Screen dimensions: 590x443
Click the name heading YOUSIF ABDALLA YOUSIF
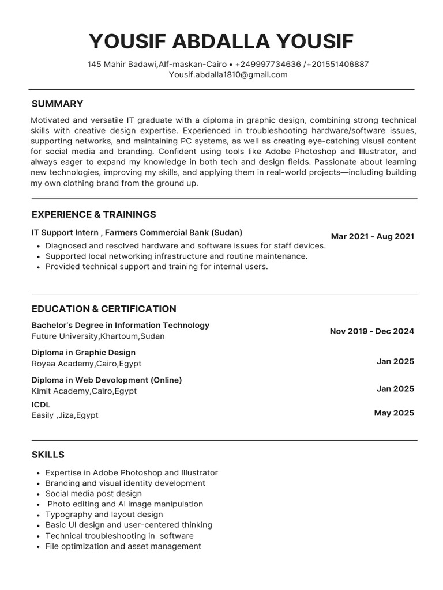coord(221,41)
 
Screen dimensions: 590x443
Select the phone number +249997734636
coord(268,64)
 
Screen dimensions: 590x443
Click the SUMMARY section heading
coord(57,104)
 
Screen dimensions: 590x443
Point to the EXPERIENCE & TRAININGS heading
coord(93,214)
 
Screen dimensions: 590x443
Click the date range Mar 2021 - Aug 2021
coord(372,236)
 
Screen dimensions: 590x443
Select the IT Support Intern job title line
coord(137,233)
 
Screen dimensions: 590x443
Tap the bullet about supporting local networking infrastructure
coord(176,256)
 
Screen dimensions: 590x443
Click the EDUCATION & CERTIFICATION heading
coord(104,309)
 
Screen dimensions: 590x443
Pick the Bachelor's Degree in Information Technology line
coord(120,325)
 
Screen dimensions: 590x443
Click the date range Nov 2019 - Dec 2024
coord(371,331)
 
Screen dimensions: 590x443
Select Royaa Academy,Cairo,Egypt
coord(86,364)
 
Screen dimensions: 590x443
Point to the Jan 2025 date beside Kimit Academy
coord(395,389)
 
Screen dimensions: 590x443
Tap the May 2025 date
coord(394,413)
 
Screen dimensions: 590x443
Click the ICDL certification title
coord(41,404)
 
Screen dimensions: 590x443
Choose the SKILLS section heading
coord(48,455)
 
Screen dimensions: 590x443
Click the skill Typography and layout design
coord(104,514)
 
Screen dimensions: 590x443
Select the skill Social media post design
coord(93,493)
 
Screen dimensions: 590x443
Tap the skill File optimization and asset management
coord(123,546)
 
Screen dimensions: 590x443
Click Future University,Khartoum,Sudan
coord(97,336)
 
